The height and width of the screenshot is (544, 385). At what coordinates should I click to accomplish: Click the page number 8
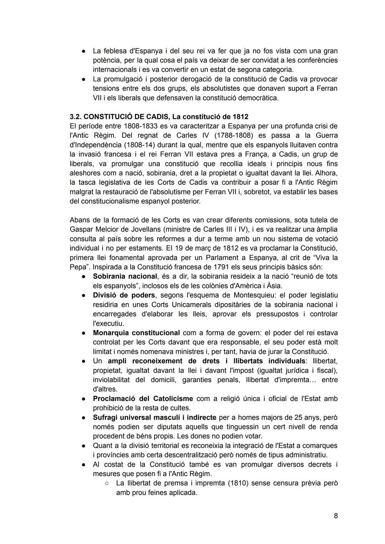pos(335,516)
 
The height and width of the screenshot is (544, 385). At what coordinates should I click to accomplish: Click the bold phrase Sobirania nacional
pos(125,276)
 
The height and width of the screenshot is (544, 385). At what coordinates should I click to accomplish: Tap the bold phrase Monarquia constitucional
pos(136,333)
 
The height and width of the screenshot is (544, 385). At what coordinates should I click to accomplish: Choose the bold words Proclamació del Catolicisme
pos(143,398)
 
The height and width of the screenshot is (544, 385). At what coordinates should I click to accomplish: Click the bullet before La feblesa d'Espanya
pos(83,51)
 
